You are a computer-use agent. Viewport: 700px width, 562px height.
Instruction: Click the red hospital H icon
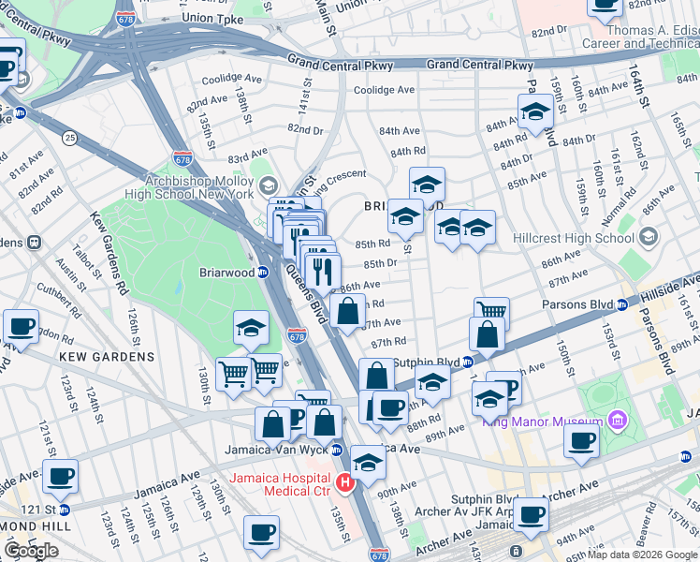pos(344,483)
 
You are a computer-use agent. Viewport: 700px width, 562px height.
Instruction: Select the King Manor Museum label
pos(542,421)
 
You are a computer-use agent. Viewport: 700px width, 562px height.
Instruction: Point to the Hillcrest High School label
pos(575,238)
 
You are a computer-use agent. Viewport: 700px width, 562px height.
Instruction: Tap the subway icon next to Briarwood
pos(264,274)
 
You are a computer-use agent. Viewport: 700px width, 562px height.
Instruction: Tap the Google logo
pos(31,551)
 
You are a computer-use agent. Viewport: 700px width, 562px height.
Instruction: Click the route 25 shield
pos(69,138)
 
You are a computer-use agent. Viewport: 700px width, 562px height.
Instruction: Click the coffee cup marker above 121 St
pos(61,476)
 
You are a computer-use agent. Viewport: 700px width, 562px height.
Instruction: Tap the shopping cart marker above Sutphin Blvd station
pos(491,311)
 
